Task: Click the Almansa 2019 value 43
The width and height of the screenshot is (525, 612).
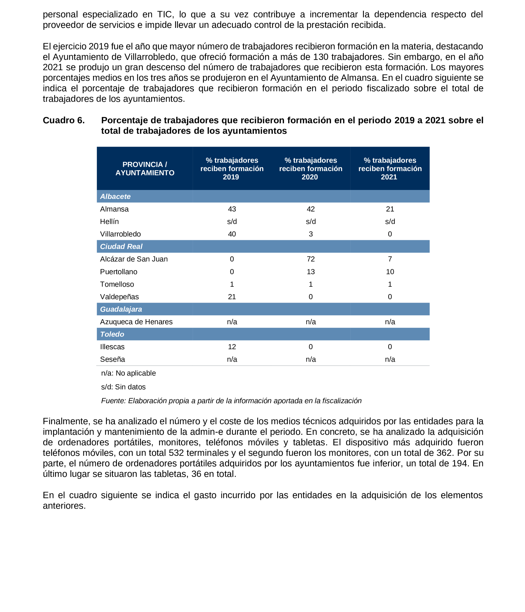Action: (232, 209)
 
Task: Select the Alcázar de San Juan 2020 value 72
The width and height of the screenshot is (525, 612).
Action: (310, 259)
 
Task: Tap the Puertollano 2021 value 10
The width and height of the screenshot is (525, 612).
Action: (390, 272)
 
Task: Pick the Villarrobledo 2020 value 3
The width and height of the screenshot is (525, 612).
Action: (310, 234)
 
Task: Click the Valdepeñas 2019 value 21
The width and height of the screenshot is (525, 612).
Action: (232, 297)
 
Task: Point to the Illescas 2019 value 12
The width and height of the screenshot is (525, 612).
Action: (232, 347)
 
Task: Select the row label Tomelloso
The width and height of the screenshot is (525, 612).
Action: (117, 284)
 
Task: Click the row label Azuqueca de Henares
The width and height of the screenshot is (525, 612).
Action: (136, 322)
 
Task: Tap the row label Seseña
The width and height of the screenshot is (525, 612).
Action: (112, 359)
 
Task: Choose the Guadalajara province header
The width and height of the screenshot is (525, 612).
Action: (121, 309)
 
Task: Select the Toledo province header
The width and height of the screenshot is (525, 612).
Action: (112, 334)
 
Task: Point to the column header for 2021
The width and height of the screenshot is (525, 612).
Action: (390, 168)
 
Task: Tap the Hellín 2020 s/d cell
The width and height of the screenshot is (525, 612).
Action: (310, 222)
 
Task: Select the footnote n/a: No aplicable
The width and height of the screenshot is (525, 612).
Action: (128, 373)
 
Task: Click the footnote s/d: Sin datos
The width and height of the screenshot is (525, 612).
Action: (123, 387)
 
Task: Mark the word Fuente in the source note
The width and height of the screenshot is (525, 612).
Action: (113, 401)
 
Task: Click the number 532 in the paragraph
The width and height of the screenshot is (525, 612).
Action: (176, 453)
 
